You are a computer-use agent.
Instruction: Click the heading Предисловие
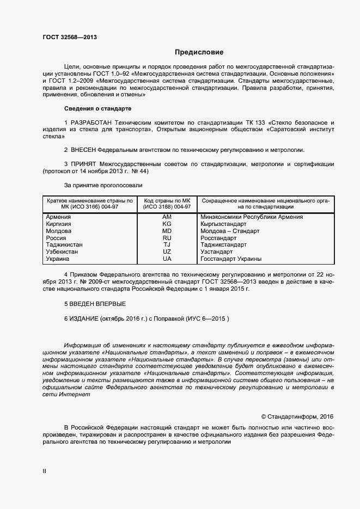tap(199, 53)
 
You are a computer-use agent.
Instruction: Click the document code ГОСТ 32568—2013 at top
tap(70, 38)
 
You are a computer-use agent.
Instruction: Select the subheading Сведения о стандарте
tap(97, 108)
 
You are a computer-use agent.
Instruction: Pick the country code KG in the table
tap(167, 224)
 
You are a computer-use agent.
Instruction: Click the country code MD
tap(167, 231)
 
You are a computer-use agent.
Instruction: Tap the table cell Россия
tap(57, 238)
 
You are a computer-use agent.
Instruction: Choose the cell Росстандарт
tap(219, 238)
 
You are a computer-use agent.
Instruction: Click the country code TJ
tap(167, 245)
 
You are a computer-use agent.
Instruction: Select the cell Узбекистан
tap(62, 252)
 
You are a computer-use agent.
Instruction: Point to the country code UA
tap(167, 259)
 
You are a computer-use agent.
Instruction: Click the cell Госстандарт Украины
tap(231, 259)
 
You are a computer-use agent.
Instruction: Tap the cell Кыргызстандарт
tap(224, 224)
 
